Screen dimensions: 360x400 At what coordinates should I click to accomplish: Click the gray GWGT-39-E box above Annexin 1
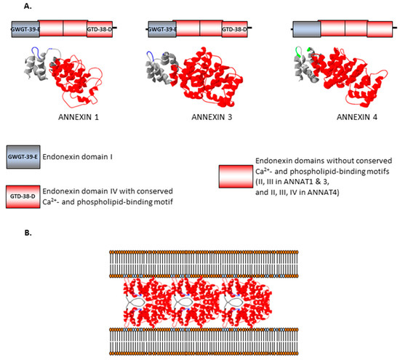coord(24,29)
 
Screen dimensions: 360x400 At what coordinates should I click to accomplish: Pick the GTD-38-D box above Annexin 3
coord(234,29)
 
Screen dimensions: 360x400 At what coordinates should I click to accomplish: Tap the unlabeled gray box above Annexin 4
coord(304,29)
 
